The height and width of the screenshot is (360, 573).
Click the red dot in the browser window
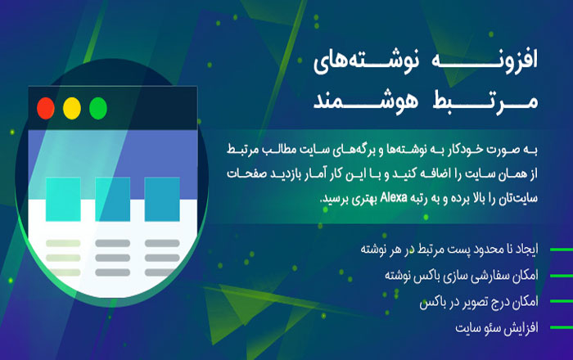(46, 109)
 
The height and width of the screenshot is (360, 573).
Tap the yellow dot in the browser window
(72, 109)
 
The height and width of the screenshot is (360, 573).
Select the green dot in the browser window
(98, 109)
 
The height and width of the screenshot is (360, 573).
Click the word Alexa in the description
(394, 197)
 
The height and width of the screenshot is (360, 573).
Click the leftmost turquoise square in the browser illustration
(63, 200)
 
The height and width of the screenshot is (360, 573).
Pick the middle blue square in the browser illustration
(113, 200)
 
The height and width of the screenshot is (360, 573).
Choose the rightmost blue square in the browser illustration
(162, 200)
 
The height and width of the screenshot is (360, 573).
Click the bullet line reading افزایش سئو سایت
(497, 327)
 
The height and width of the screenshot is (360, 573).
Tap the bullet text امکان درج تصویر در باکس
(479, 302)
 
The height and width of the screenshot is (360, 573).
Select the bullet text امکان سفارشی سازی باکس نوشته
(462, 276)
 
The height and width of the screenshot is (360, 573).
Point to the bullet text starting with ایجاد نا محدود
(449, 250)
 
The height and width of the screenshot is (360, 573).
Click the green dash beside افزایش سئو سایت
(562, 327)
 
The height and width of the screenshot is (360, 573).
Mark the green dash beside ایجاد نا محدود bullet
(562, 250)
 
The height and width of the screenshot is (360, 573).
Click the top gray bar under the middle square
(113, 243)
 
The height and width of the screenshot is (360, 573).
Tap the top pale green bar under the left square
(63, 243)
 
